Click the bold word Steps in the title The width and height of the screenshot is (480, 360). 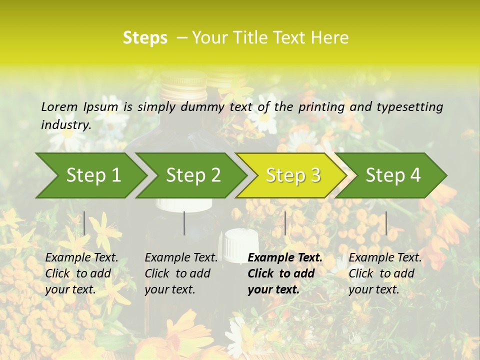tap(145, 38)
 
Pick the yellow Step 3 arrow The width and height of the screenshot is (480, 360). tap(293, 175)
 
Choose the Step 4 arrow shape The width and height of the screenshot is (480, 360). tap(393, 175)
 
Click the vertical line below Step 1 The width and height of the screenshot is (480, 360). tap(84, 223)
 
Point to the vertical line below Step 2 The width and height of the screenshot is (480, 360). tap(184, 223)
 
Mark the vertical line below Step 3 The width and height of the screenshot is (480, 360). tap(285, 223)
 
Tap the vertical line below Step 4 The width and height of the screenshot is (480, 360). tap(386, 223)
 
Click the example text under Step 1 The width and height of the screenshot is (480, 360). tap(81, 273)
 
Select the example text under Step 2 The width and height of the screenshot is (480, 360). tap(181, 273)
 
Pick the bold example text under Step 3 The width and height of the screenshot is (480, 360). tap(285, 273)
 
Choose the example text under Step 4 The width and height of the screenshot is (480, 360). tap(385, 273)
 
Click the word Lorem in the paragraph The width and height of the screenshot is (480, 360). tap(59, 106)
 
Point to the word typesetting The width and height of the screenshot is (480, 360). tap(409, 107)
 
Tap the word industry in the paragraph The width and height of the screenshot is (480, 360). tap(66, 124)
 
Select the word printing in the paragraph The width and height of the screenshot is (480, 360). tap(320, 107)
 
